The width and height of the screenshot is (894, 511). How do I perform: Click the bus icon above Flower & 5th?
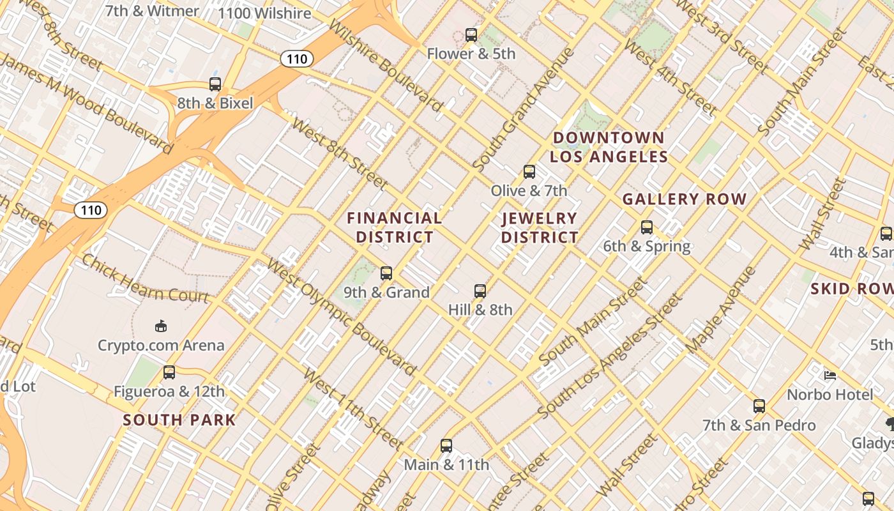471,34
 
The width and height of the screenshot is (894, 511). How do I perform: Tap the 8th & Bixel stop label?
215,103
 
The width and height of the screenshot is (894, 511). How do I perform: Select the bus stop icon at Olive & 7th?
529,171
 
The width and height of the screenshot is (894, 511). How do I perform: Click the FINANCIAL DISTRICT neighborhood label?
395,227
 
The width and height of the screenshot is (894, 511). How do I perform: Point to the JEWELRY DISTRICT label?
540,227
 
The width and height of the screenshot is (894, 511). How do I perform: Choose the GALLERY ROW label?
685,199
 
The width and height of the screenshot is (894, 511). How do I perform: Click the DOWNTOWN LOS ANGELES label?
609,147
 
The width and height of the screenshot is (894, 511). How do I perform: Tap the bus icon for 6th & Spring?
647,227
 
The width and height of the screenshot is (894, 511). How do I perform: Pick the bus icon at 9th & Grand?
386,273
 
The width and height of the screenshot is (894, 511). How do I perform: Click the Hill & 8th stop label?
480,310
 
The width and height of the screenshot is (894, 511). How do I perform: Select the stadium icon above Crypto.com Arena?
161,326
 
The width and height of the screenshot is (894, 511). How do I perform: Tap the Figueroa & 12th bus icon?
169,372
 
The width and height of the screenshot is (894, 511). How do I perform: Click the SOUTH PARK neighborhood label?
179,420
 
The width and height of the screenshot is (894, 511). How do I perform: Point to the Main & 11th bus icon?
446,445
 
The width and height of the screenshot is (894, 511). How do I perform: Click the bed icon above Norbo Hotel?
830,376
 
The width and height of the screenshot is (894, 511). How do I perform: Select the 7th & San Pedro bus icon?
759,406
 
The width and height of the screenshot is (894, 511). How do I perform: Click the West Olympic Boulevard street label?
342,317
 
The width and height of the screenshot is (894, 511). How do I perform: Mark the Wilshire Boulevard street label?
386,64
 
